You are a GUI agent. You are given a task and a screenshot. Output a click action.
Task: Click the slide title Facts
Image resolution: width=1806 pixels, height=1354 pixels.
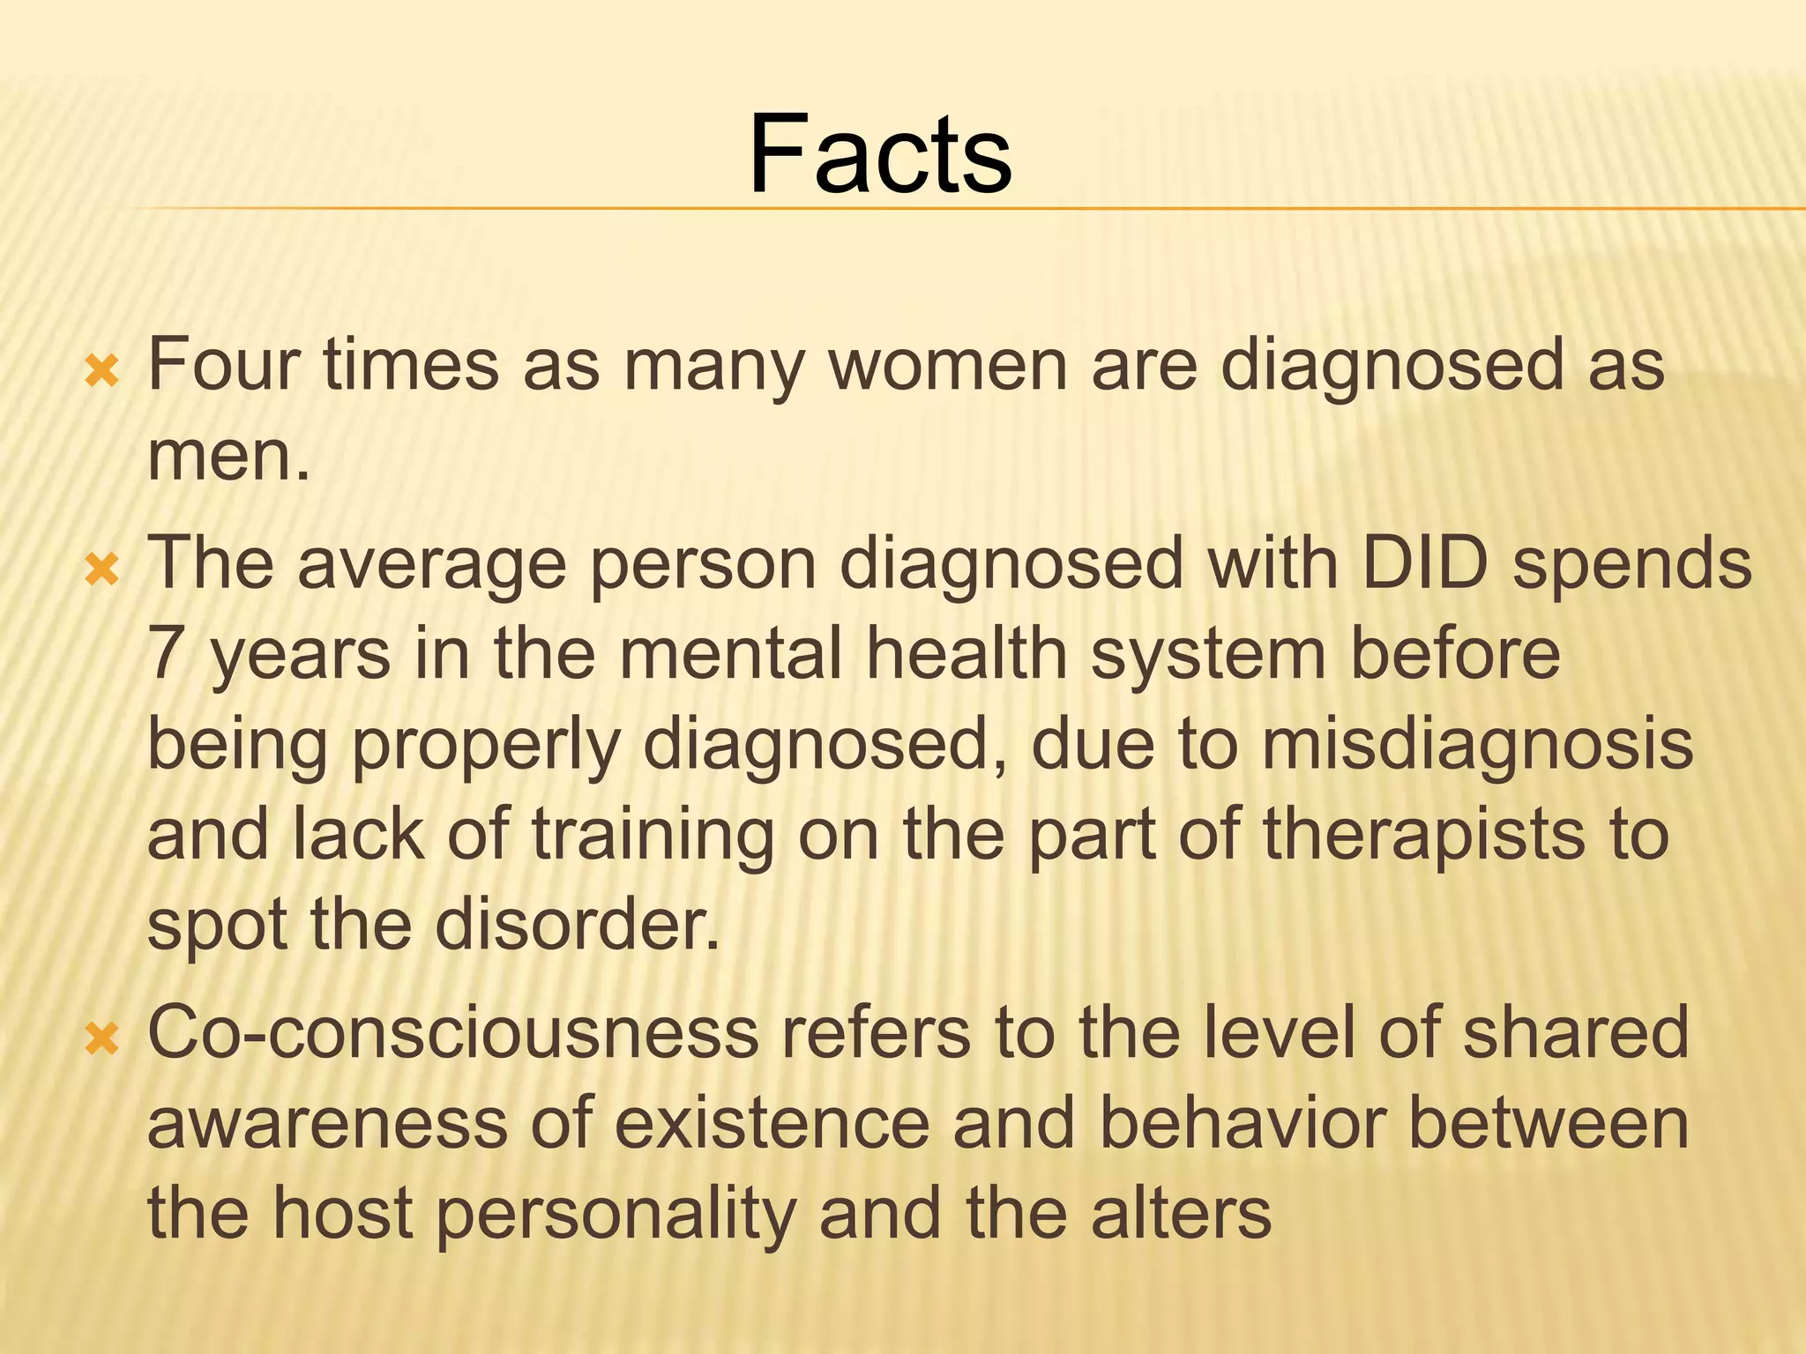tap(880, 153)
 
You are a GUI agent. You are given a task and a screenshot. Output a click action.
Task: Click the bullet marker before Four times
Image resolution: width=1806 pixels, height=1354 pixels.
tap(102, 373)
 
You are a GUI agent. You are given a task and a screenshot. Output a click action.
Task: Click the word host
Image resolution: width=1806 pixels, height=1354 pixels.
tap(342, 1214)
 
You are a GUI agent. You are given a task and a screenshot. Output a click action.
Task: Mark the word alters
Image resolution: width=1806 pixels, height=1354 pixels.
tap(1181, 1214)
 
